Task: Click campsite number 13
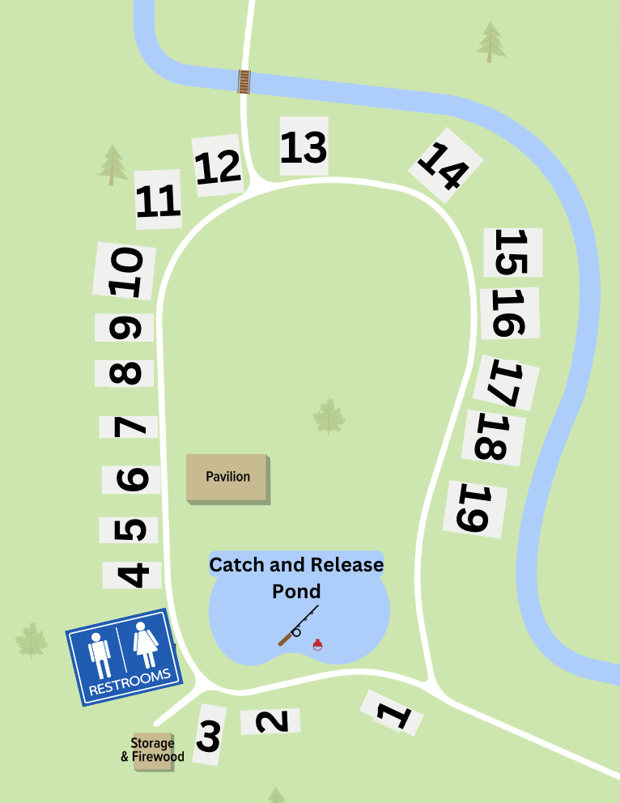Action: (x=304, y=147)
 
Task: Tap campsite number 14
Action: (x=444, y=166)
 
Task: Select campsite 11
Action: (x=158, y=200)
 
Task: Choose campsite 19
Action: (x=475, y=508)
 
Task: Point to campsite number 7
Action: (x=130, y=427)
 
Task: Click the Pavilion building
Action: (x=227, y=478)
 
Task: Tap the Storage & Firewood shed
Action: (x=153, y=750)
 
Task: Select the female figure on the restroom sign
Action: (x=146, y=643)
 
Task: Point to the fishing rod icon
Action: (x=297, y=625)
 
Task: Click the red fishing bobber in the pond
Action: (x=318, y=644)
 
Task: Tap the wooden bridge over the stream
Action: (x=244, y=81)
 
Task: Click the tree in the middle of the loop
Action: (x=329, y=416)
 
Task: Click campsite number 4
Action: (x=132, y=574)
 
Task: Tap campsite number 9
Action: (x=125, y=328)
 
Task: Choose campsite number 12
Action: (x=218, y=166)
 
